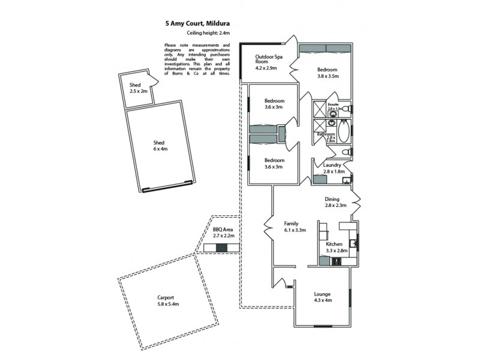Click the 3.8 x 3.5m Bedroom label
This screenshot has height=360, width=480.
click(328, 73)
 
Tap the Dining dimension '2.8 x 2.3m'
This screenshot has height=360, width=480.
click(336, 206)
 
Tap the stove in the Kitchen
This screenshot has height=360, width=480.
click(335, 261)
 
